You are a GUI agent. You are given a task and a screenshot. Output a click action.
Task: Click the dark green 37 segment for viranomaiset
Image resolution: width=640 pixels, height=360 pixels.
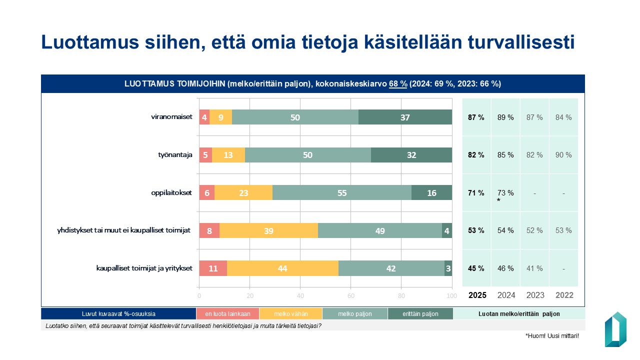point(405,117)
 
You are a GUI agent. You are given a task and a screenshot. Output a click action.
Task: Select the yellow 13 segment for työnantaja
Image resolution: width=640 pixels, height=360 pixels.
point(228,155)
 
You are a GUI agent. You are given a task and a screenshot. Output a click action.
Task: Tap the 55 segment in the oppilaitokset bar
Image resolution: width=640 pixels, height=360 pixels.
point(342,193)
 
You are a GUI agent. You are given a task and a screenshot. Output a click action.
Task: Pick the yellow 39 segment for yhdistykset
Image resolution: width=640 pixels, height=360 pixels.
point(268,230)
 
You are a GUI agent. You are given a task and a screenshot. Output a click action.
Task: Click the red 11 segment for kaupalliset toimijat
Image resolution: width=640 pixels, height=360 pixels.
point(213,268)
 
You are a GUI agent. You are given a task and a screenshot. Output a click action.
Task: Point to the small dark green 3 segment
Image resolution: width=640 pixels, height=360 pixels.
point(448,268)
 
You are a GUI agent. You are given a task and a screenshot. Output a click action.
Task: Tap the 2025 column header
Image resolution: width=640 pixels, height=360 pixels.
point(476,295)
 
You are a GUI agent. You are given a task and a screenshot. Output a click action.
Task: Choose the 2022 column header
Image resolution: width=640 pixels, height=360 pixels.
point(563,295)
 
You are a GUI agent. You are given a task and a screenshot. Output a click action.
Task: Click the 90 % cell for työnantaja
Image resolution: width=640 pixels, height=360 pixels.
point(563,155)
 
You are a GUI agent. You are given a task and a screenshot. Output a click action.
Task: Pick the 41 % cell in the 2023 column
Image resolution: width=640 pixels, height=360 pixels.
point(534,268)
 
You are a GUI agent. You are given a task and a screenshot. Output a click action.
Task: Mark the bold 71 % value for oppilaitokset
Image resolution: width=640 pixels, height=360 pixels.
point(476,193)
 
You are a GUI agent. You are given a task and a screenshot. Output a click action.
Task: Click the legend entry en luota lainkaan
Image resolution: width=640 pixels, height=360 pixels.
point(227,314)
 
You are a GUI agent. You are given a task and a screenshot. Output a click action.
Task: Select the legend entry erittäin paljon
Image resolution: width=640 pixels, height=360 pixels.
point(420,314)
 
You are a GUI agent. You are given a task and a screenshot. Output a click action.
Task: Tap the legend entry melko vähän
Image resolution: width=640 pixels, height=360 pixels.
point(290,314)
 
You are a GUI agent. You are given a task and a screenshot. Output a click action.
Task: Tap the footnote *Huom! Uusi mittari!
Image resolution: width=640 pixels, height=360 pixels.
point(552,336)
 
